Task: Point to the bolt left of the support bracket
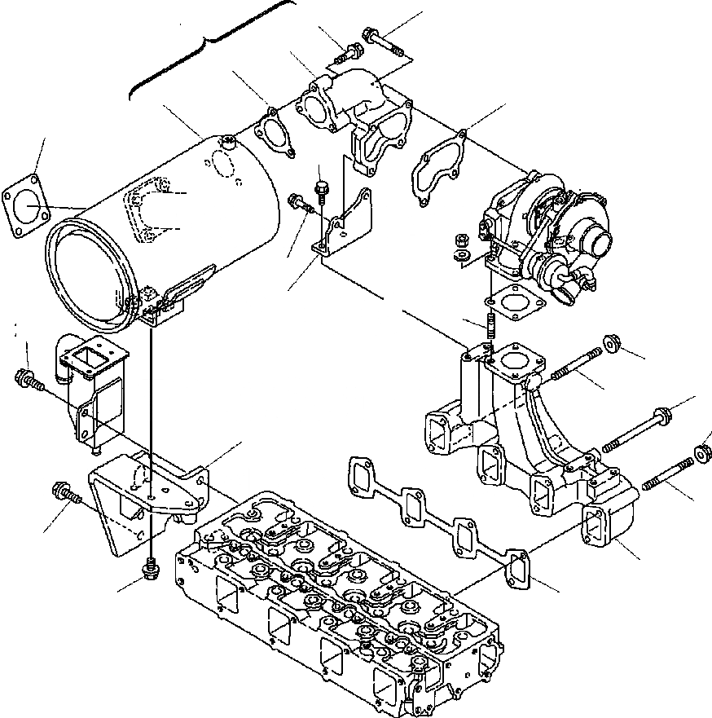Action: (64, 492)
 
